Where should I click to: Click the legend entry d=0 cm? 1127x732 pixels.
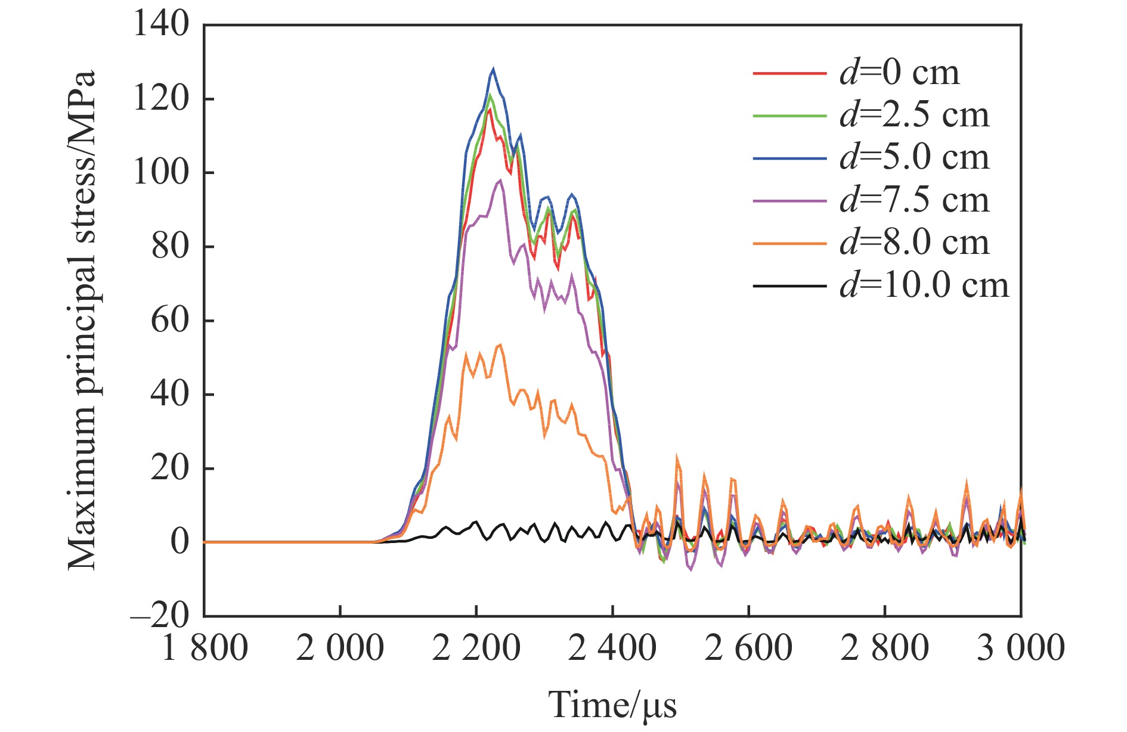(900, 73)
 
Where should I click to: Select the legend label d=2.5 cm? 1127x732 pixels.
(914, 116)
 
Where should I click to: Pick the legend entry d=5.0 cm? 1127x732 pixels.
(914, 158)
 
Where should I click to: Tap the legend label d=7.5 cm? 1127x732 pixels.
(914, 200)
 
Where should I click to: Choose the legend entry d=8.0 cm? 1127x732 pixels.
(914, 243)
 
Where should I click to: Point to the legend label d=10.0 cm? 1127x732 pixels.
(924, 286)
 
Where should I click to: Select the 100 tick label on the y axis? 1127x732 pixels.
(161, 173)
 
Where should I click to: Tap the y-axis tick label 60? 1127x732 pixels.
(170, 320)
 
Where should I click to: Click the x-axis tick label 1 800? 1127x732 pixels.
(205, 648)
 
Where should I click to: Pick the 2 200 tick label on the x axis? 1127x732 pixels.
(476, 648)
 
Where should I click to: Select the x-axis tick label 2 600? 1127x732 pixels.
(748, 648)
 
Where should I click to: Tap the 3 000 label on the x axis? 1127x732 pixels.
(1020, 648)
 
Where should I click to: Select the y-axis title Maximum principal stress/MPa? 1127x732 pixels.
(82, 320)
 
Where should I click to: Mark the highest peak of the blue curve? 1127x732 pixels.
(493, 69)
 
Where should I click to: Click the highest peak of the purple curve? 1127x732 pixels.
(500, 180)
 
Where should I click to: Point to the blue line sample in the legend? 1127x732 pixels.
(789, 158)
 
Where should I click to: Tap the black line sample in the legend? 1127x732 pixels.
(789, 286)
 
